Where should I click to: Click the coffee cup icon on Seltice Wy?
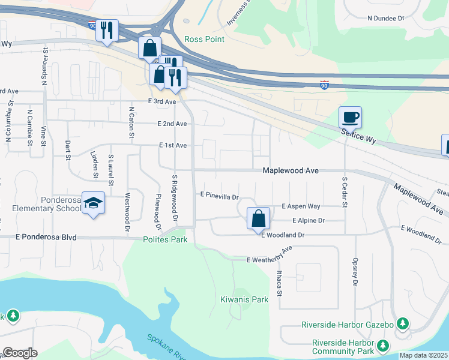pos(350,116)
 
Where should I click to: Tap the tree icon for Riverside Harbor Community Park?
pos(382,346)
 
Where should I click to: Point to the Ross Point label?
pos(204,40)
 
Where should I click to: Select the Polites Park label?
pos(165,239)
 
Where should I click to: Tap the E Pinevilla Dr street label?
pos(220,196)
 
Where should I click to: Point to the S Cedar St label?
pos(345,192)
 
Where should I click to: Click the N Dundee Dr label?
pos(385,18)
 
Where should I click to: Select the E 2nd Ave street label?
pos(172,124)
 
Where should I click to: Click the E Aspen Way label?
pos(301,206)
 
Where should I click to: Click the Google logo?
pos(20,353)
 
